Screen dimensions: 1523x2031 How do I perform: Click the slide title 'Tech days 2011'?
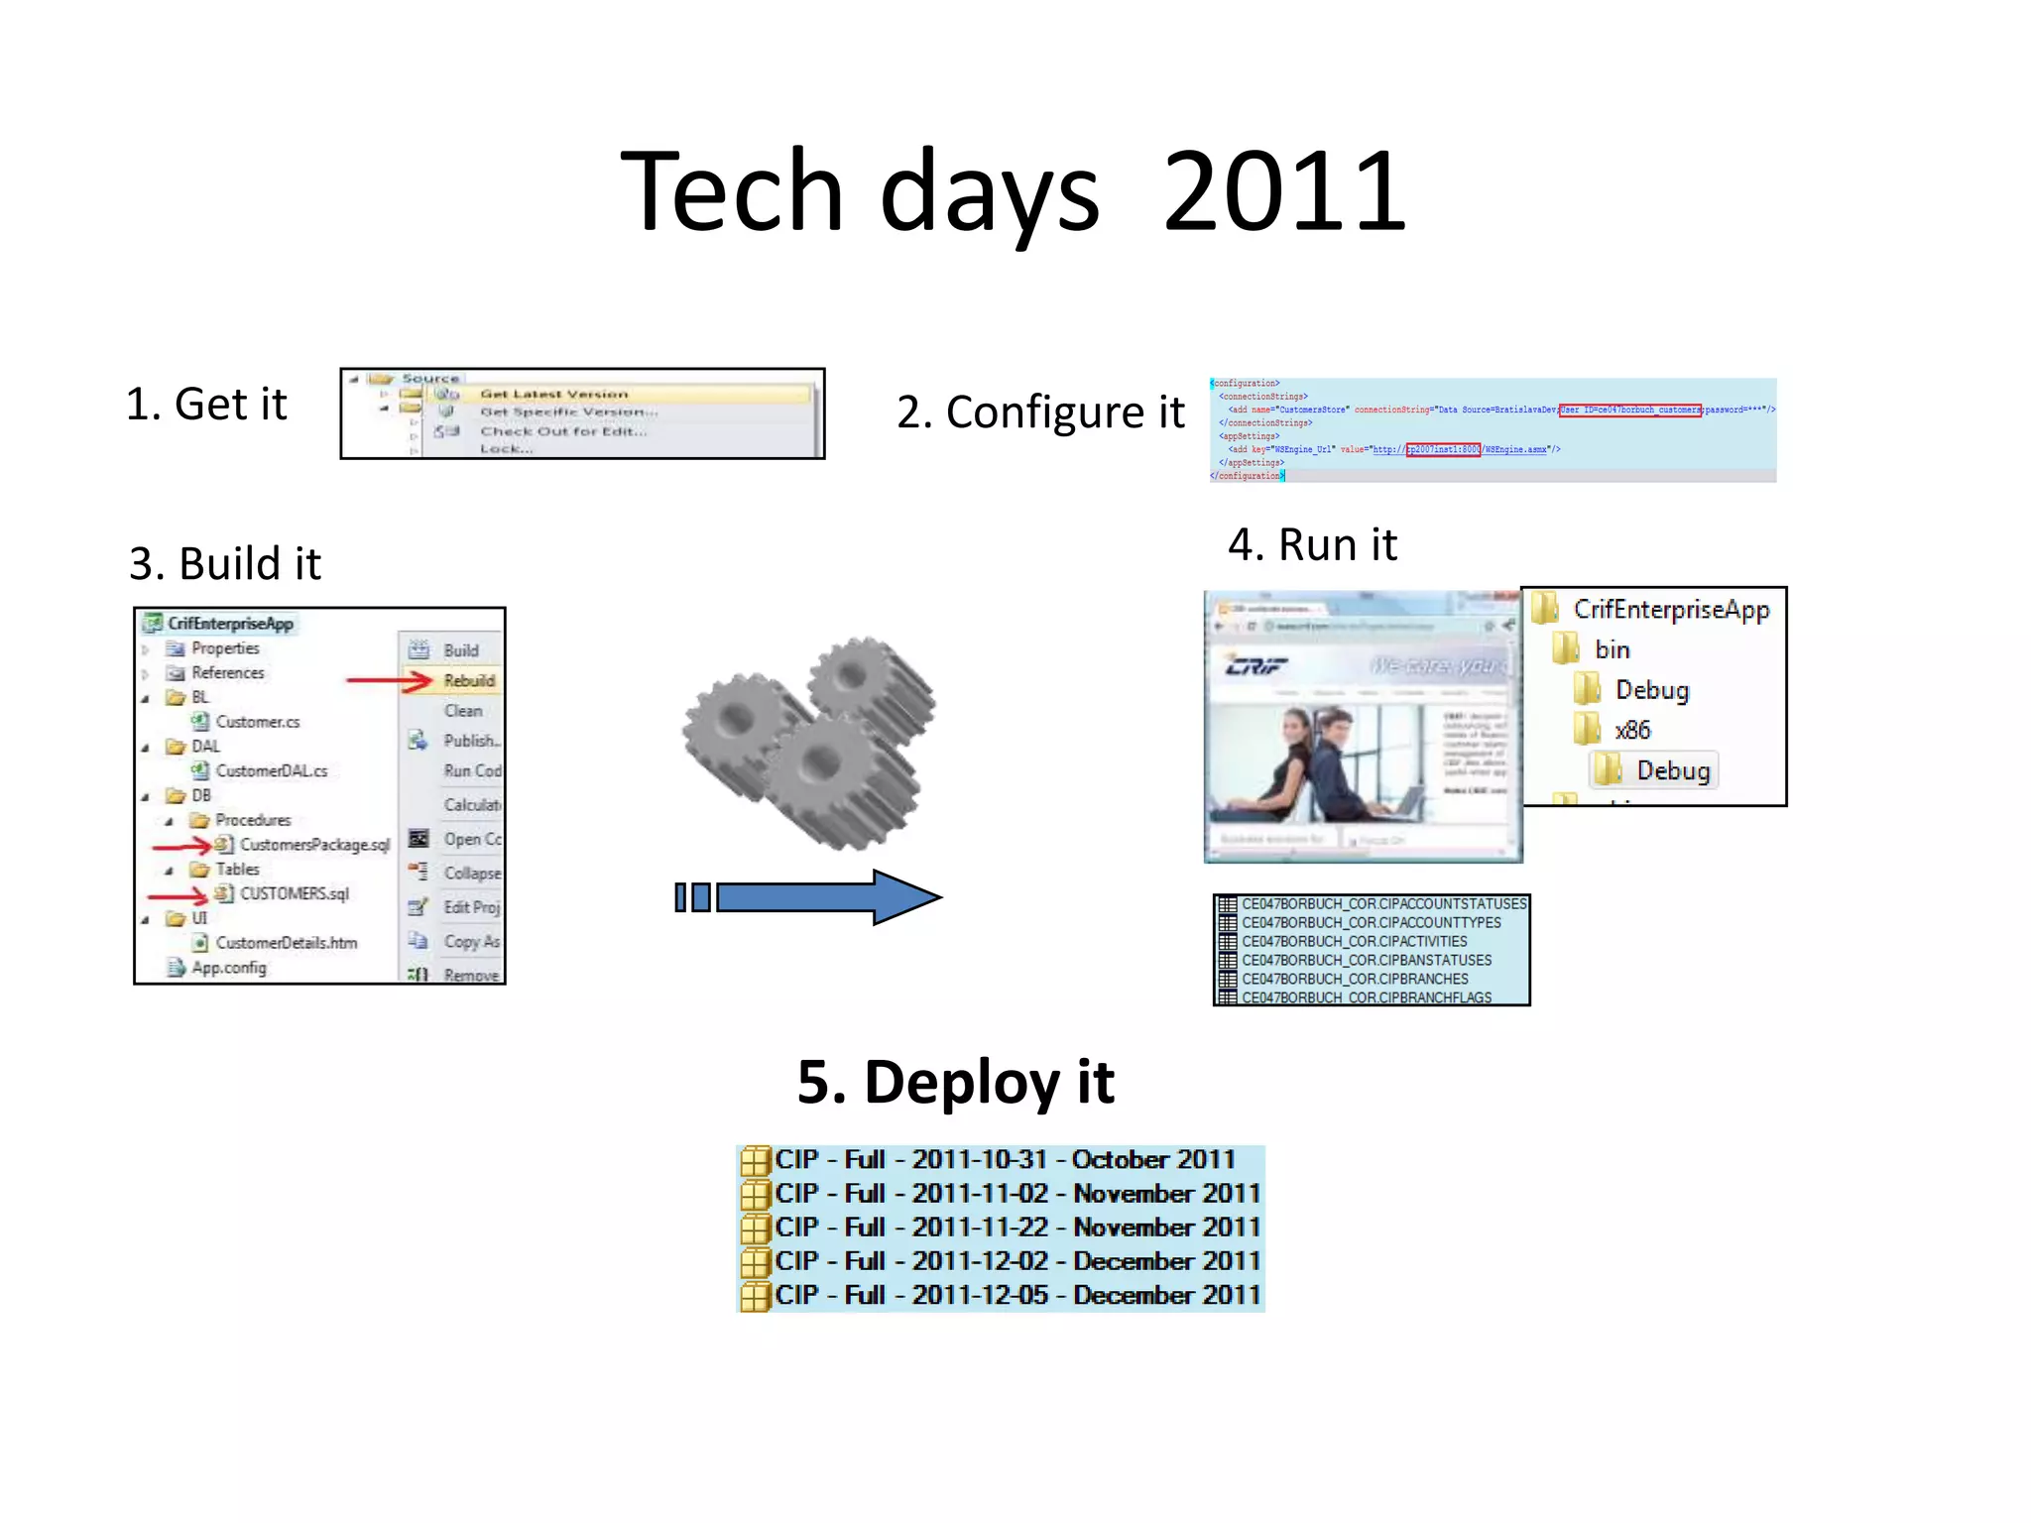pos(1014,191)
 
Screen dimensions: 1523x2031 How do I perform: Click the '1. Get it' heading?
pos(206,405)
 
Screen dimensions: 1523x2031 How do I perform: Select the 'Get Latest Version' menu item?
pos(553,395)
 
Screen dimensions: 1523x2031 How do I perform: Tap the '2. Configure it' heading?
pos(1040,412)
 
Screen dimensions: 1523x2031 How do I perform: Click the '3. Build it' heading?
pos(225,564)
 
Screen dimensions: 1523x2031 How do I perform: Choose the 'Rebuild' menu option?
pos(469,681)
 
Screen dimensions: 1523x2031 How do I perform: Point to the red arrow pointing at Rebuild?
pos(389,681)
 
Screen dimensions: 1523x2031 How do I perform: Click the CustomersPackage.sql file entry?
pos(314,845)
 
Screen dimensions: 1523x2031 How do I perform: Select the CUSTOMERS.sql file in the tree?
pos(295,893)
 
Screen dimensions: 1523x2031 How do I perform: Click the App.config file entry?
pos(228,968)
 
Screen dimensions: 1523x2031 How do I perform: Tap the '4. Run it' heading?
pos(1312,545)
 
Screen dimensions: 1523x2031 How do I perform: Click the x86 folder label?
pos(1631,731)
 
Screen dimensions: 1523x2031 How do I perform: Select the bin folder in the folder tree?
pos(1612,649)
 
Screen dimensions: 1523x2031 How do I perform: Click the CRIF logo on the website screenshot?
pos(1255,665)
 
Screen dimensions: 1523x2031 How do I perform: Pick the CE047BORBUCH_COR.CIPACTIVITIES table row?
pos(1354,941)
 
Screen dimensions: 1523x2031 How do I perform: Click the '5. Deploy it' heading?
pos(956,1082)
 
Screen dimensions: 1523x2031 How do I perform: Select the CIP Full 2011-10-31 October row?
pos(1004,1159)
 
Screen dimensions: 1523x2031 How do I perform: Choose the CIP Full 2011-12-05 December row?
pos(1016,1295)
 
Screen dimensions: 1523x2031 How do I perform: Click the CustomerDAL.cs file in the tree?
pos(271,771)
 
